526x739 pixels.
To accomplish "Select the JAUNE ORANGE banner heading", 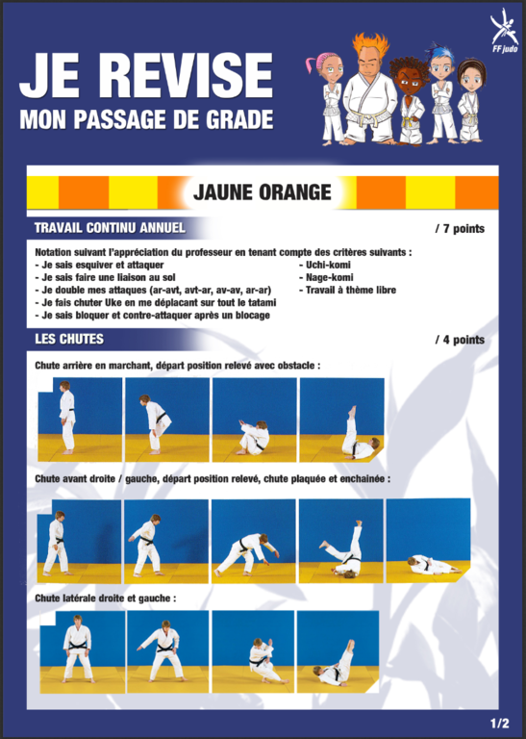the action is coord(263,192).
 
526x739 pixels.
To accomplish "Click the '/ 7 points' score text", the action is coord(460,229).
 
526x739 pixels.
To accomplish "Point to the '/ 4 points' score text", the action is coord(460,340).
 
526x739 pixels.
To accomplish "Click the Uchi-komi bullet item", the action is coord(325,265).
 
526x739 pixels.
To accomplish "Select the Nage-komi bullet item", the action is coord(326,277).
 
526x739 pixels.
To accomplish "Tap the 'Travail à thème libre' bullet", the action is coord(347,290).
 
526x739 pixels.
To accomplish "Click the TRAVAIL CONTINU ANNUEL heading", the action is coord(110,228).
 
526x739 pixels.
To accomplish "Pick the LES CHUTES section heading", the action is coord(69,340).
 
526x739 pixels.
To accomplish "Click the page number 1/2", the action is coord(500,724).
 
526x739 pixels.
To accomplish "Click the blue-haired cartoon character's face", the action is coord(441,68).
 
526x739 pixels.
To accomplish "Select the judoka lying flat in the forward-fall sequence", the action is coord(435,564).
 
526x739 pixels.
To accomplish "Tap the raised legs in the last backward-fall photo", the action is coord(351,426).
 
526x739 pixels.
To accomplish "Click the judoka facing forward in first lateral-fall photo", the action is coord(77,649).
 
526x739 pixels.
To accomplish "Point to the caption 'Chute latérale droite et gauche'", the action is coord(105,599).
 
